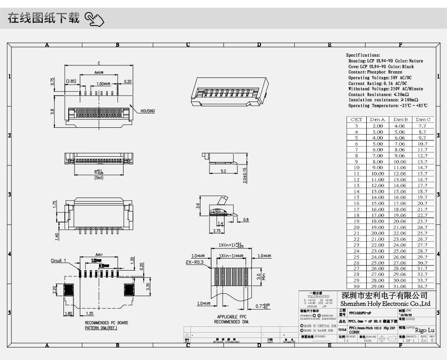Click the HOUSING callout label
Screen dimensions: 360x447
148,111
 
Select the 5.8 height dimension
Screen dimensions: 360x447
52,112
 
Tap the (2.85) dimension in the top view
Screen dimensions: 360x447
71,81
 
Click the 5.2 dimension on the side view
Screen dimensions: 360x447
223,171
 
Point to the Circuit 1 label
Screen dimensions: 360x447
59,261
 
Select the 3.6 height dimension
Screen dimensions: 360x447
198,206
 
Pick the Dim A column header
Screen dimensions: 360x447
377,119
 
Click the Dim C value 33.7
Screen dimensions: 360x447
422,280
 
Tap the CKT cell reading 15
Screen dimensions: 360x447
356,197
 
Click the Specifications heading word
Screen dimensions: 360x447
363,56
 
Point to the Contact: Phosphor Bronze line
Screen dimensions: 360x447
375,72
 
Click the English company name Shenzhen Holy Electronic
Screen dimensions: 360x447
385,304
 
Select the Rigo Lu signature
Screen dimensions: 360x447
424,330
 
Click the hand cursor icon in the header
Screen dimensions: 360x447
94,20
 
